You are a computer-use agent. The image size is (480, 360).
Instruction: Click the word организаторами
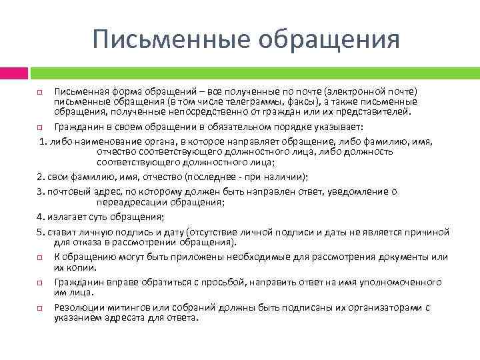(386, 307)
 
